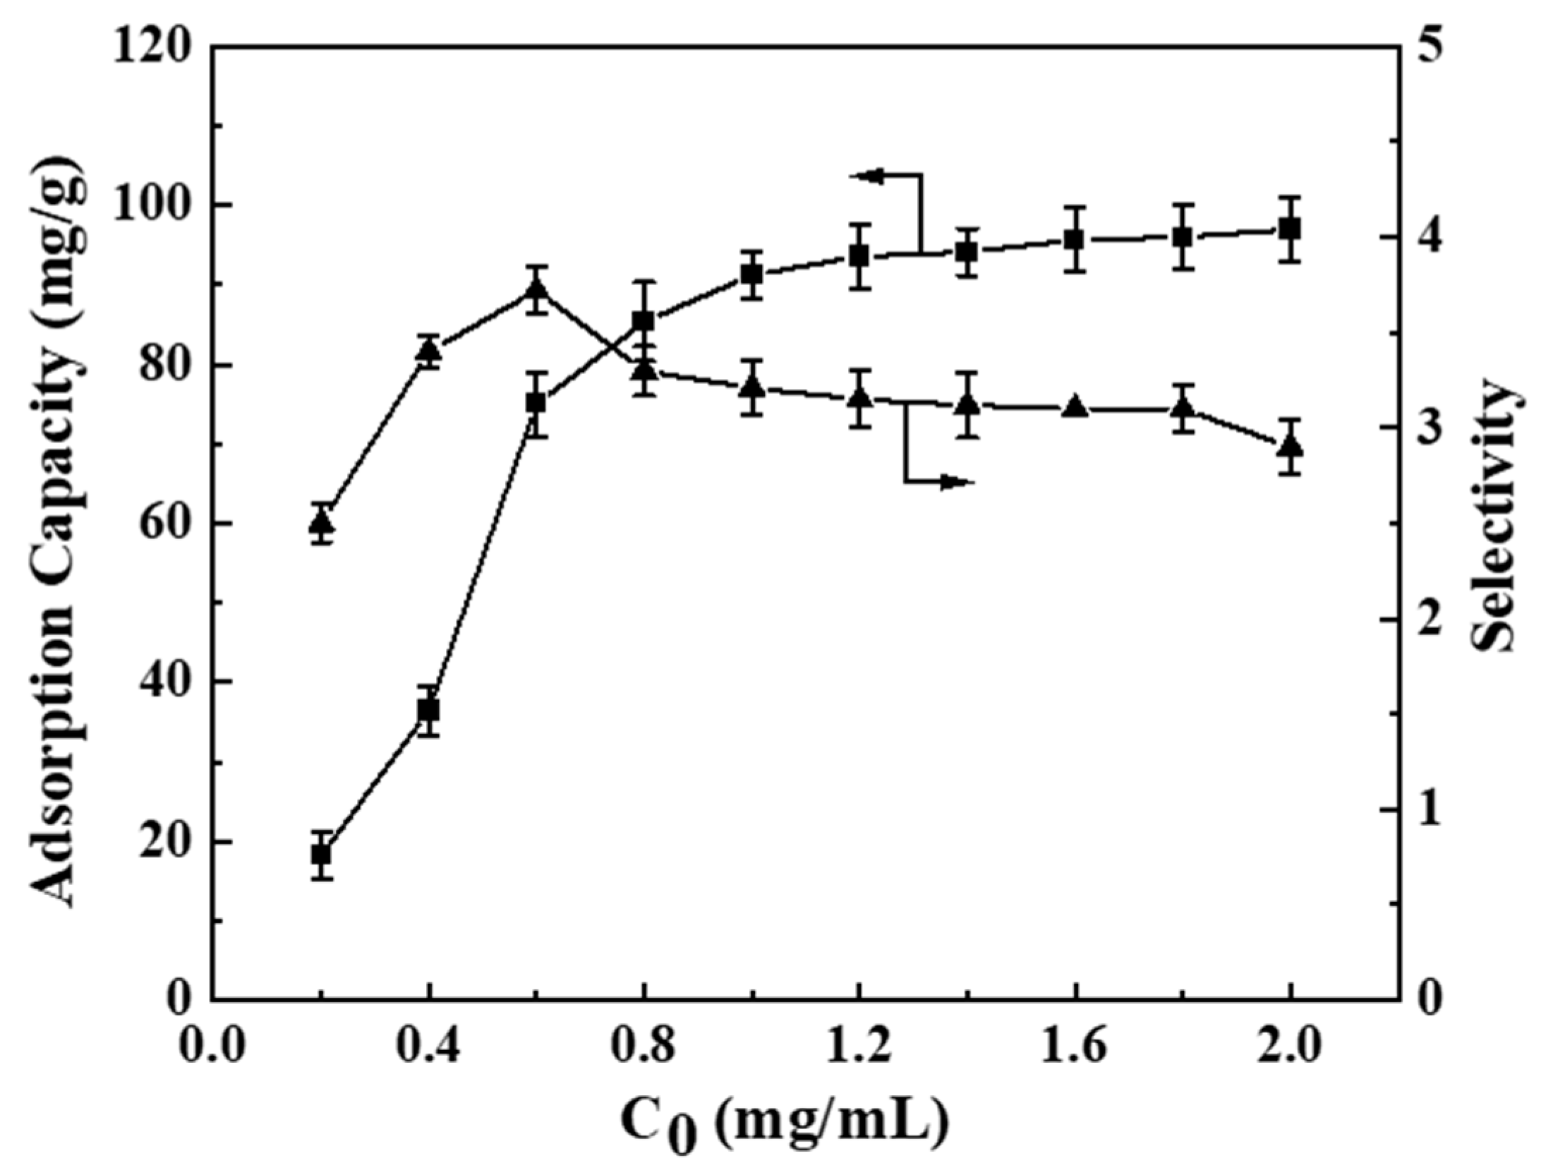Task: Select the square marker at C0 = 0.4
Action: coord(428,709)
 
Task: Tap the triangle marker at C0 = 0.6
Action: coord(536,290)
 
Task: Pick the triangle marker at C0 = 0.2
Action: coord(322,523)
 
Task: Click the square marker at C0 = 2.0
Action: coord(1290,229)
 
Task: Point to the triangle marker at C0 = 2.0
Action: coord(1290,446)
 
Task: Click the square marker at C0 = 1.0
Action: coord(752,275)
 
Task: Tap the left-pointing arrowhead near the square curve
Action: coord(869,175)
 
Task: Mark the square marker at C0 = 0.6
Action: coord(536,403)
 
